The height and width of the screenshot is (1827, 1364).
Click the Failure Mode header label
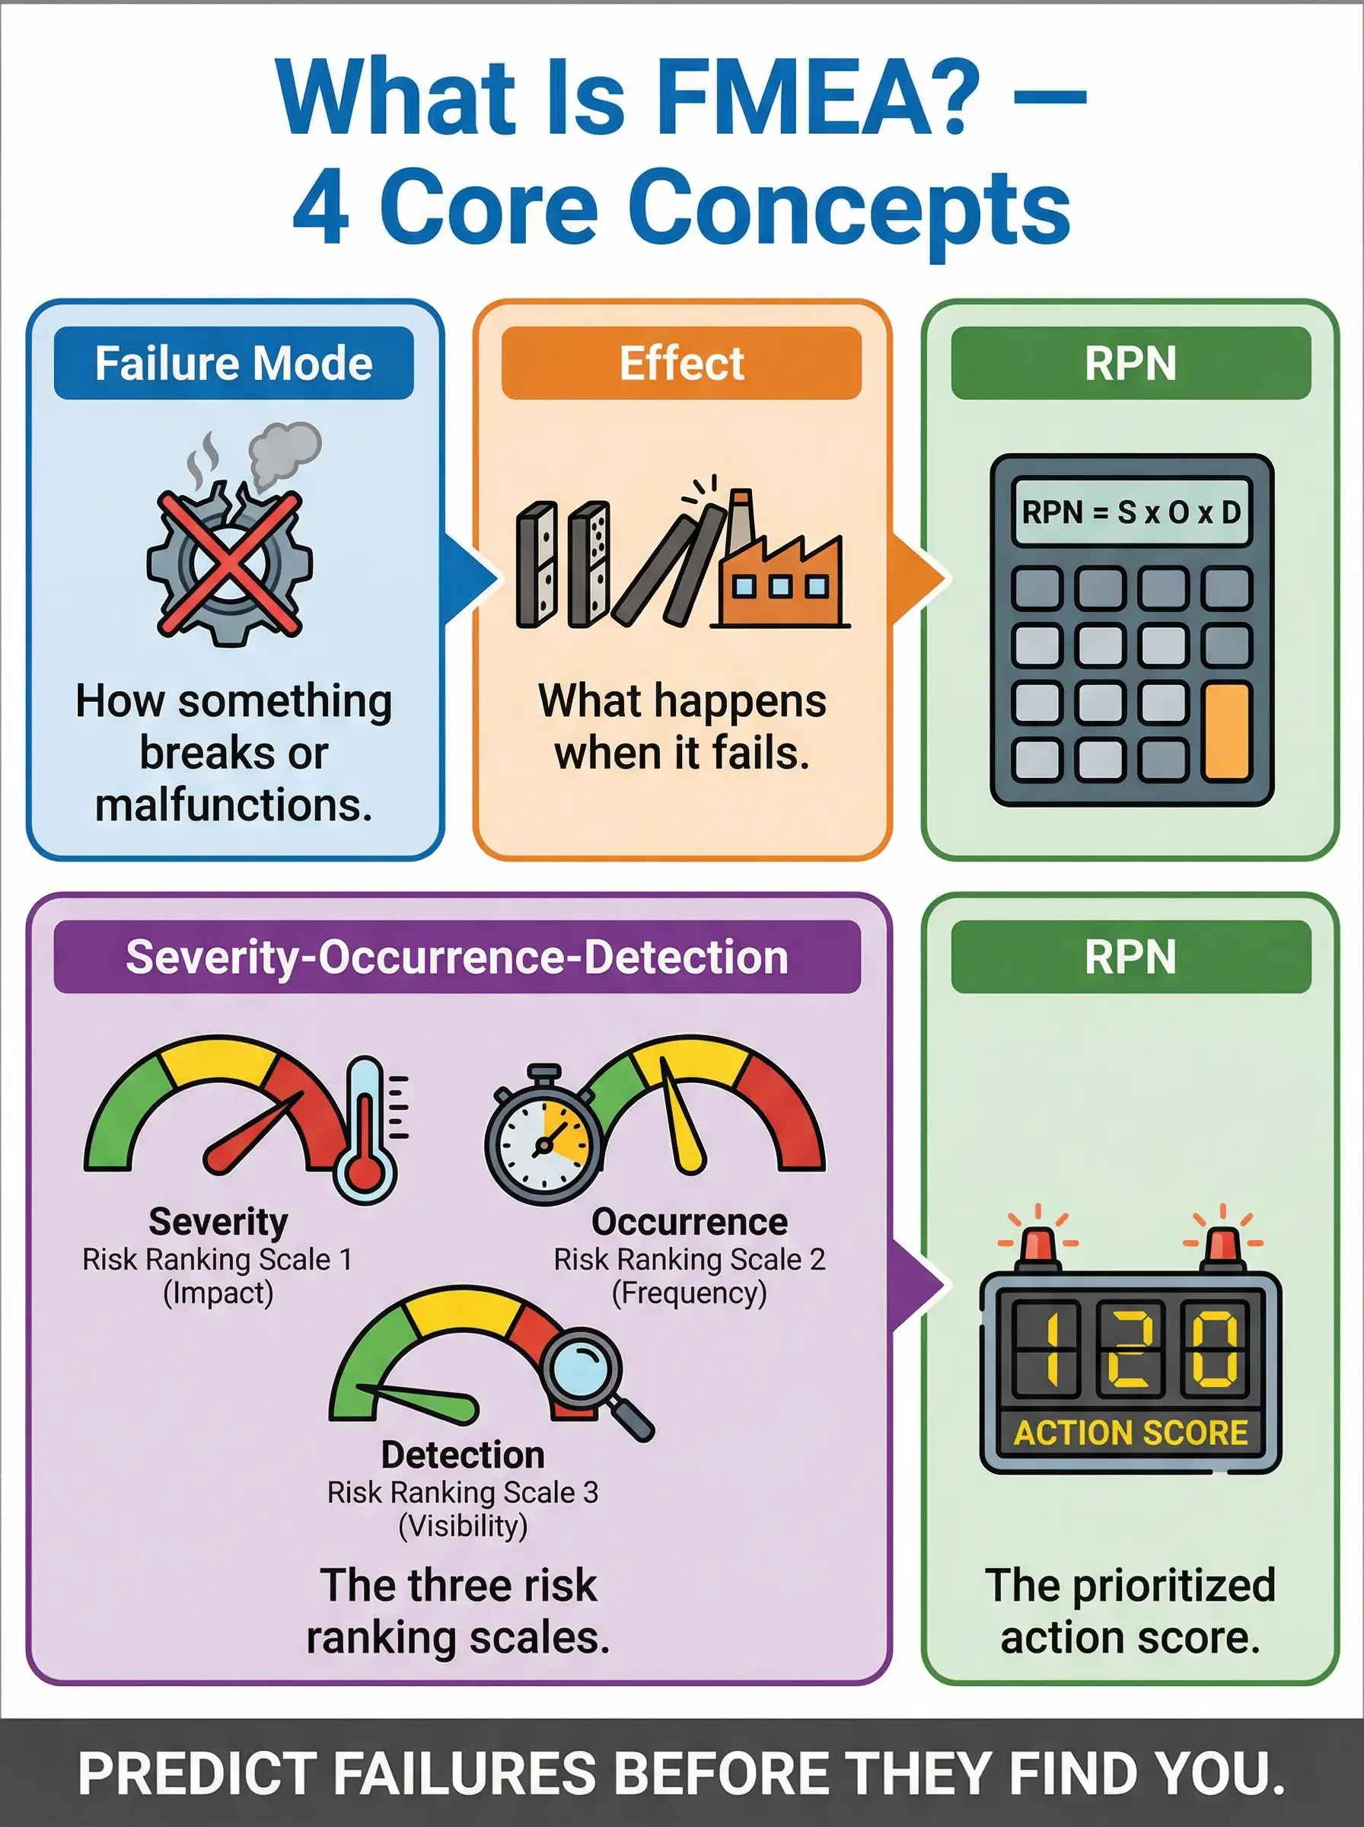(234, 363)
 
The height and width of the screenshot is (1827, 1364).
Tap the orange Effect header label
(681, 363)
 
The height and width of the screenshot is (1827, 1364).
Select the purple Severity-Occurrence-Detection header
(457, 957)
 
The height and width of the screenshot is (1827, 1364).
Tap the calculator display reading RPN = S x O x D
(1130, 512)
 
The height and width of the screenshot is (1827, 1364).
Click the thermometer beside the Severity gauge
(365, 1131)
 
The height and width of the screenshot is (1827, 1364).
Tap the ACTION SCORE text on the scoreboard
(1130, 1433)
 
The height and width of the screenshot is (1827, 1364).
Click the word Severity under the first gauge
(218, 1222)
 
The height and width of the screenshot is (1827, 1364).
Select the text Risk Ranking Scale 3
(462, 1493)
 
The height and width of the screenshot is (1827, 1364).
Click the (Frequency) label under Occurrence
(690, 1293)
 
